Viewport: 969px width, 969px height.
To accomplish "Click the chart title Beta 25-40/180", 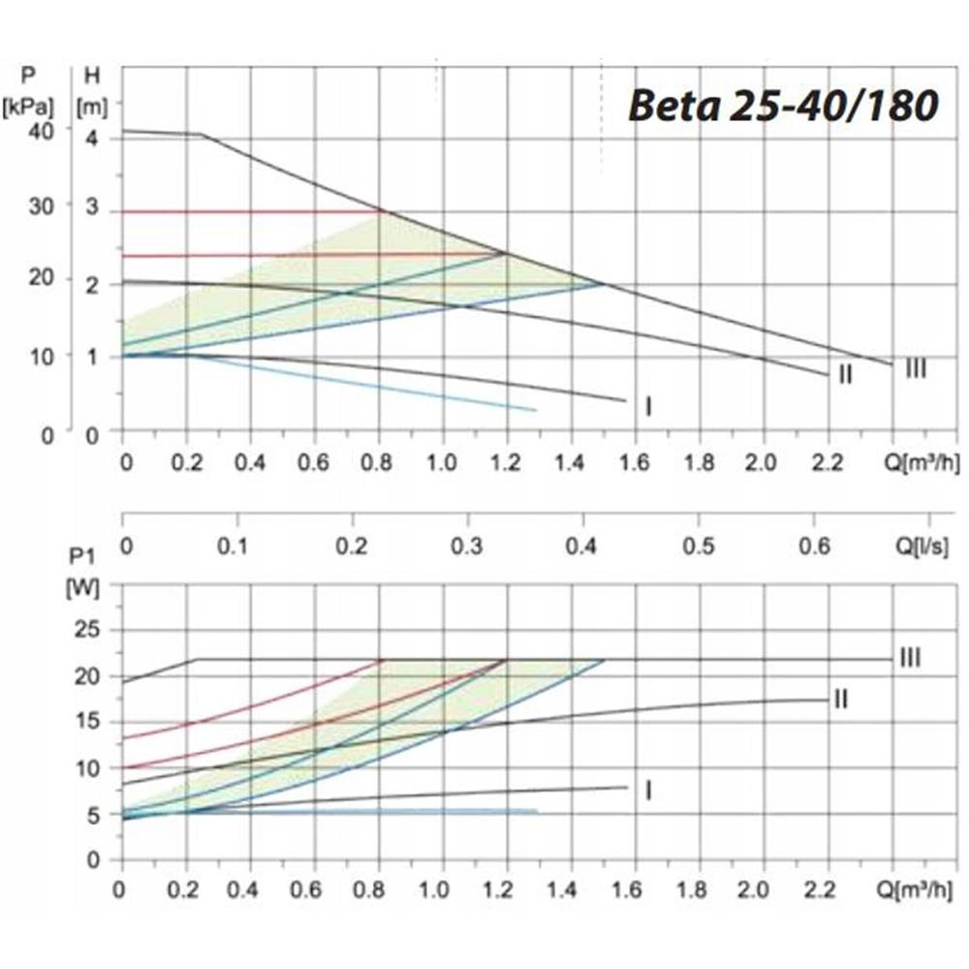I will point(783,106).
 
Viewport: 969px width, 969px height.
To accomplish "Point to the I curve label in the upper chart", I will point(647,406).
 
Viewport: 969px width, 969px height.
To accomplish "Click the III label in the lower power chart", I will point(909,659).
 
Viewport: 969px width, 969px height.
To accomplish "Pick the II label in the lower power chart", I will point(840,699).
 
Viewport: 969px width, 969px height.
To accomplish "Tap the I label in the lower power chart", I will point(647,791).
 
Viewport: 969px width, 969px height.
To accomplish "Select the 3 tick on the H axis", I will point(93,205).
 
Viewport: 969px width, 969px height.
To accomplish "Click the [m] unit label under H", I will point(94,102).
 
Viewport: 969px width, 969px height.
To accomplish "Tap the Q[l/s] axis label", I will point(927,547).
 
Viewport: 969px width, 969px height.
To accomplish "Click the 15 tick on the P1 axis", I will point(87,722).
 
